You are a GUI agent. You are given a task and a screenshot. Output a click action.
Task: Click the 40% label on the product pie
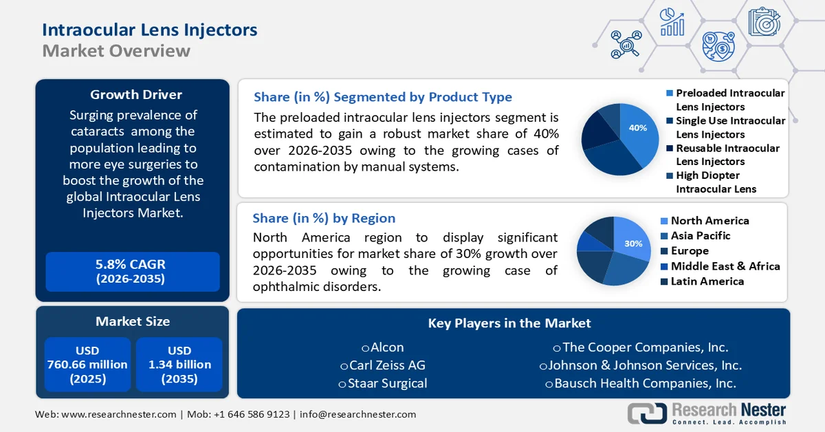(637, 128)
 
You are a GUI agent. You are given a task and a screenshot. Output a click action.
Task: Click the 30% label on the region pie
(633, 244)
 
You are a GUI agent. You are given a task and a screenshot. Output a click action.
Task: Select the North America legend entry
(709, 221)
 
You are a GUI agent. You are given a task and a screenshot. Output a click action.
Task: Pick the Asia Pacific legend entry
(701, 236)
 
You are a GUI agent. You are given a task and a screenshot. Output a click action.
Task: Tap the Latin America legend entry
(707, 281)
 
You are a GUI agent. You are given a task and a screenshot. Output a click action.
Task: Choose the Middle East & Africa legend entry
(725, 266)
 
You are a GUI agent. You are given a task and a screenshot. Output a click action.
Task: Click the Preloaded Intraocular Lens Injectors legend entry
(729, 100)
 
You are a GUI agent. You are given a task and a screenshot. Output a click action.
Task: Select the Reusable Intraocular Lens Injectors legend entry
(727, 155)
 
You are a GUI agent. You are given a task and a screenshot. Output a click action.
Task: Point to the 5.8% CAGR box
(133, 272)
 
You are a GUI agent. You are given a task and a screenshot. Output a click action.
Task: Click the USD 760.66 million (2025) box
(87, 365)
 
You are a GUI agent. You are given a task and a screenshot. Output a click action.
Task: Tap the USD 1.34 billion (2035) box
(179, 365)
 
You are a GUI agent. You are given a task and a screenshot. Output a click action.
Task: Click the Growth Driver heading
(136, 94)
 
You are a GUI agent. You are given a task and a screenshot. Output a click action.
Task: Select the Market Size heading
(133, 321)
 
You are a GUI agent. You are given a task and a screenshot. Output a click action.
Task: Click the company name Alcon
(386, 347)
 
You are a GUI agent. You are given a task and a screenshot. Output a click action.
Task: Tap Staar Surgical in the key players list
(386, 383)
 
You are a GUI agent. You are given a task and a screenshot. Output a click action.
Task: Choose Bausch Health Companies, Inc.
(645, 383)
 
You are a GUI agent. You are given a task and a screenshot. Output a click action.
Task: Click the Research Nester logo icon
(647, 413)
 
